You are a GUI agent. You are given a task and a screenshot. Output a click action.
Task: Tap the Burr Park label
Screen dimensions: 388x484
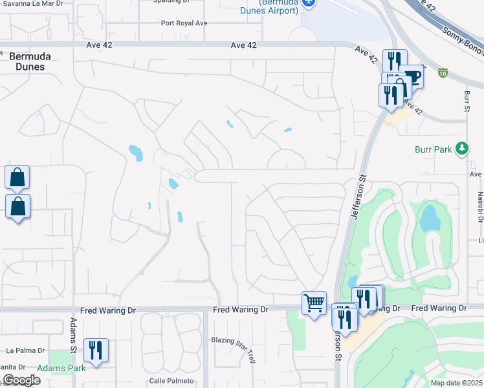coord(433,149)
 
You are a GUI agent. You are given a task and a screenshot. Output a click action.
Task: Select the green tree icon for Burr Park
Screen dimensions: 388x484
coord(461,149)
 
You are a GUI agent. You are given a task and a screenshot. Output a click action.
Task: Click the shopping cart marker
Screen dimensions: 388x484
coord(314,302)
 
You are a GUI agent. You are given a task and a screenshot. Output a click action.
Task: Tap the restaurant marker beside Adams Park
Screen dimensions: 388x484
coord(96,350)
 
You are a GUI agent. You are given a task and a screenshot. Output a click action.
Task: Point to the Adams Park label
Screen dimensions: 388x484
coord(61,368)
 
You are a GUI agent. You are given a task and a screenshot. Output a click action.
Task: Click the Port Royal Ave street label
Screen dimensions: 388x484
coord(184,23)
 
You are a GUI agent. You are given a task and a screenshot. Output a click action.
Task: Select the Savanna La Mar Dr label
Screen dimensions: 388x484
coord(34,3)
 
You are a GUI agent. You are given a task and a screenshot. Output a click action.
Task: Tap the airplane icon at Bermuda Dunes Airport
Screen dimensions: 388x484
coord(309,3)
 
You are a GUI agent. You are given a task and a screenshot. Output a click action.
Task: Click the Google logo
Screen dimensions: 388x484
coord(21,380)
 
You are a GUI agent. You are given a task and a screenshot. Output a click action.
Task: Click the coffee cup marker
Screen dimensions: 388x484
coord(412,76)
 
